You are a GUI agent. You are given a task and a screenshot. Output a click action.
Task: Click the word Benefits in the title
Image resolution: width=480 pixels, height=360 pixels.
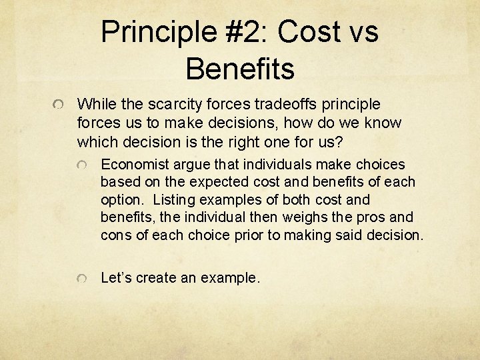click(240, 69)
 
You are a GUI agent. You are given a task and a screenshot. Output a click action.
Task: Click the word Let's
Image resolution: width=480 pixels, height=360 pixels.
click(116, 277)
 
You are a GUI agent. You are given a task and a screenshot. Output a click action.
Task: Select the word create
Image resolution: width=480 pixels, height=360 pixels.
click(156, 277)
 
